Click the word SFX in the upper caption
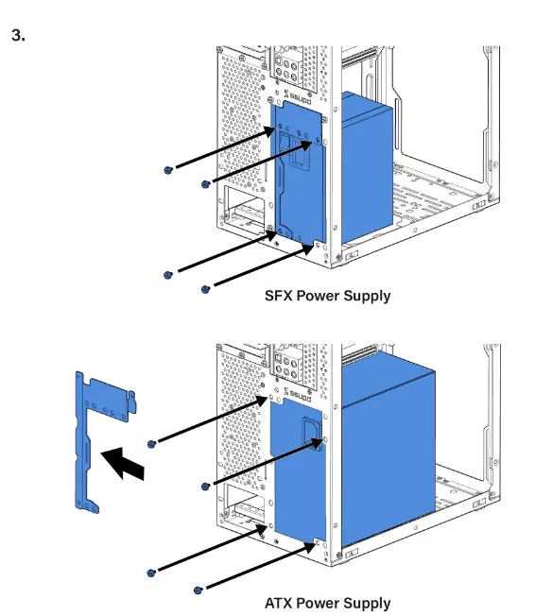(x=279, y=296)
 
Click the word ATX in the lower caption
(x=279, y=603)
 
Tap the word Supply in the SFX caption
(x=366, y=296)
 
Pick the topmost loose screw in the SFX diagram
(x=167, y=169)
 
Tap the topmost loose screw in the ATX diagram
(x=152, y=443)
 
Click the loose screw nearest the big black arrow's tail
(x=152, y=443)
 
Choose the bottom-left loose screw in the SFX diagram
(x=167, y=275)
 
